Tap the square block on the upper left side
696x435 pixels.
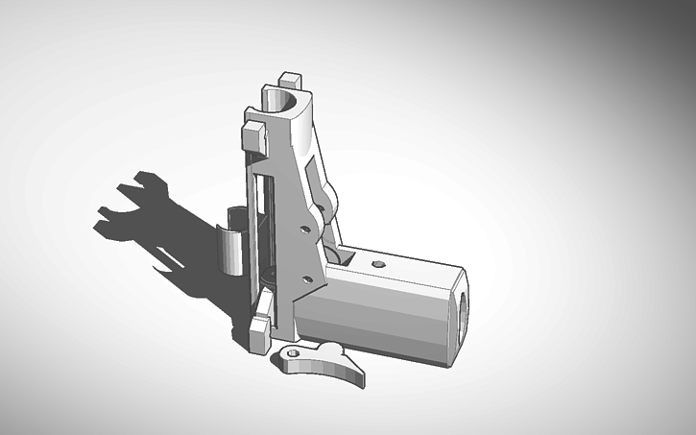[252, 133]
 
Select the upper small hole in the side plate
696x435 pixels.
[303, 230]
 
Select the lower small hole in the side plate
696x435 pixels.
[307, 279]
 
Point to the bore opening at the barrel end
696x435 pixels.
[465, 312]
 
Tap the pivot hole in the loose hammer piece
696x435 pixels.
[292, 357]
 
